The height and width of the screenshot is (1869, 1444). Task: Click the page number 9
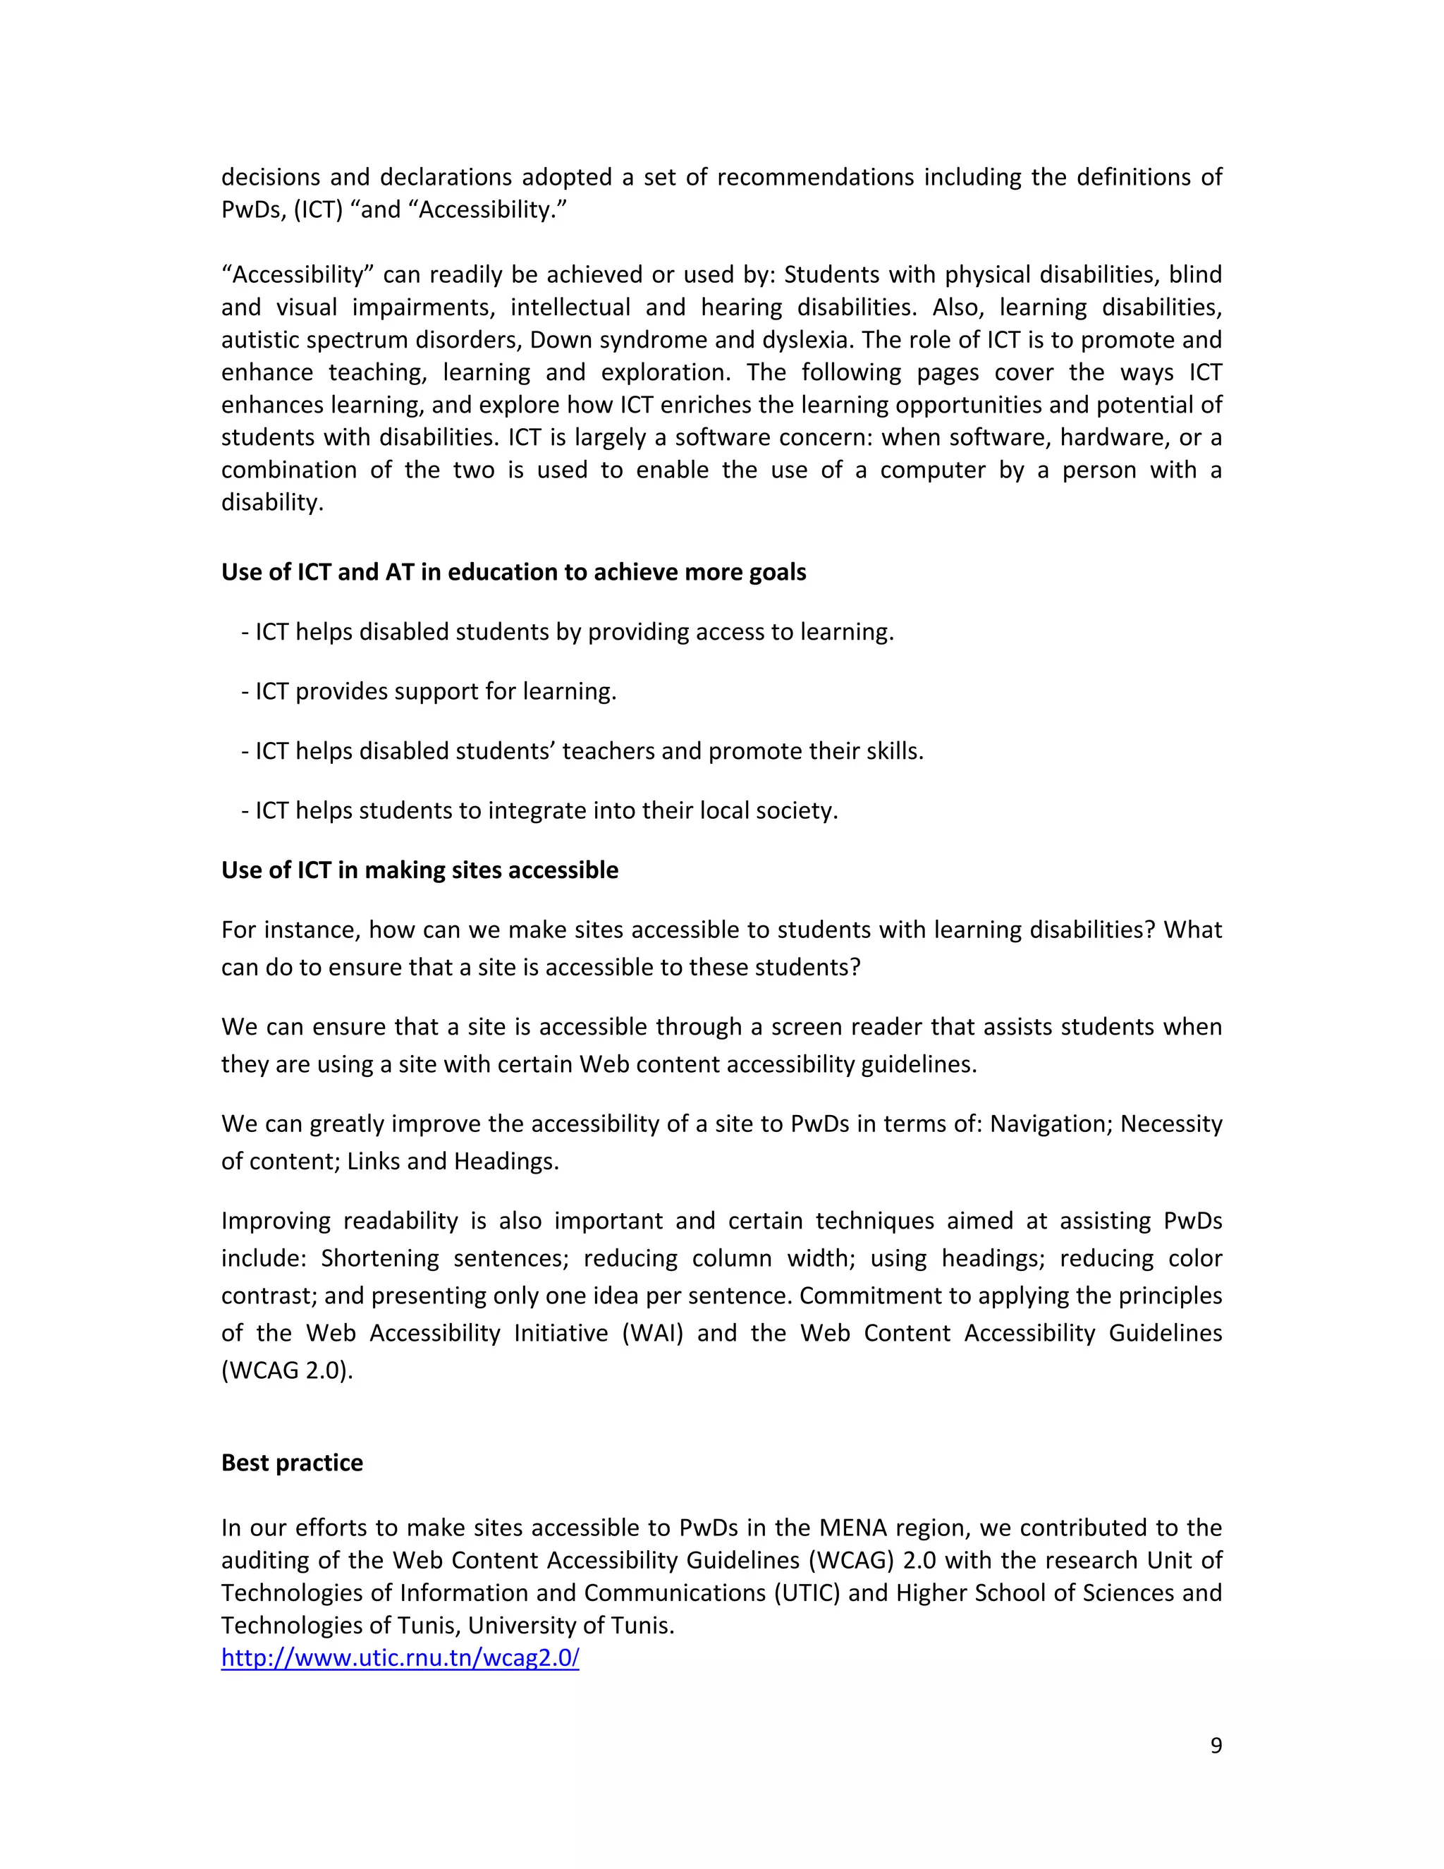pos(1216,1746)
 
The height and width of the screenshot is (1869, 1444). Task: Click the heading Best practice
pos(292,1463)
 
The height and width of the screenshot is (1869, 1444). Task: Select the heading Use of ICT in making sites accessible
pos(420,870)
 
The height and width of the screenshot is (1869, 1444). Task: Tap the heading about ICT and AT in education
pos(513,572)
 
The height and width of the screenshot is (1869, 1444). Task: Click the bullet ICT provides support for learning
pos(429,691)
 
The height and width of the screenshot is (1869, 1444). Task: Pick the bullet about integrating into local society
pos(540,810)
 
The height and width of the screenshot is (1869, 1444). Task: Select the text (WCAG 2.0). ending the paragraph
pos(286,1370)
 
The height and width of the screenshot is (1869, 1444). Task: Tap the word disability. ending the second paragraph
pos(272,502)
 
